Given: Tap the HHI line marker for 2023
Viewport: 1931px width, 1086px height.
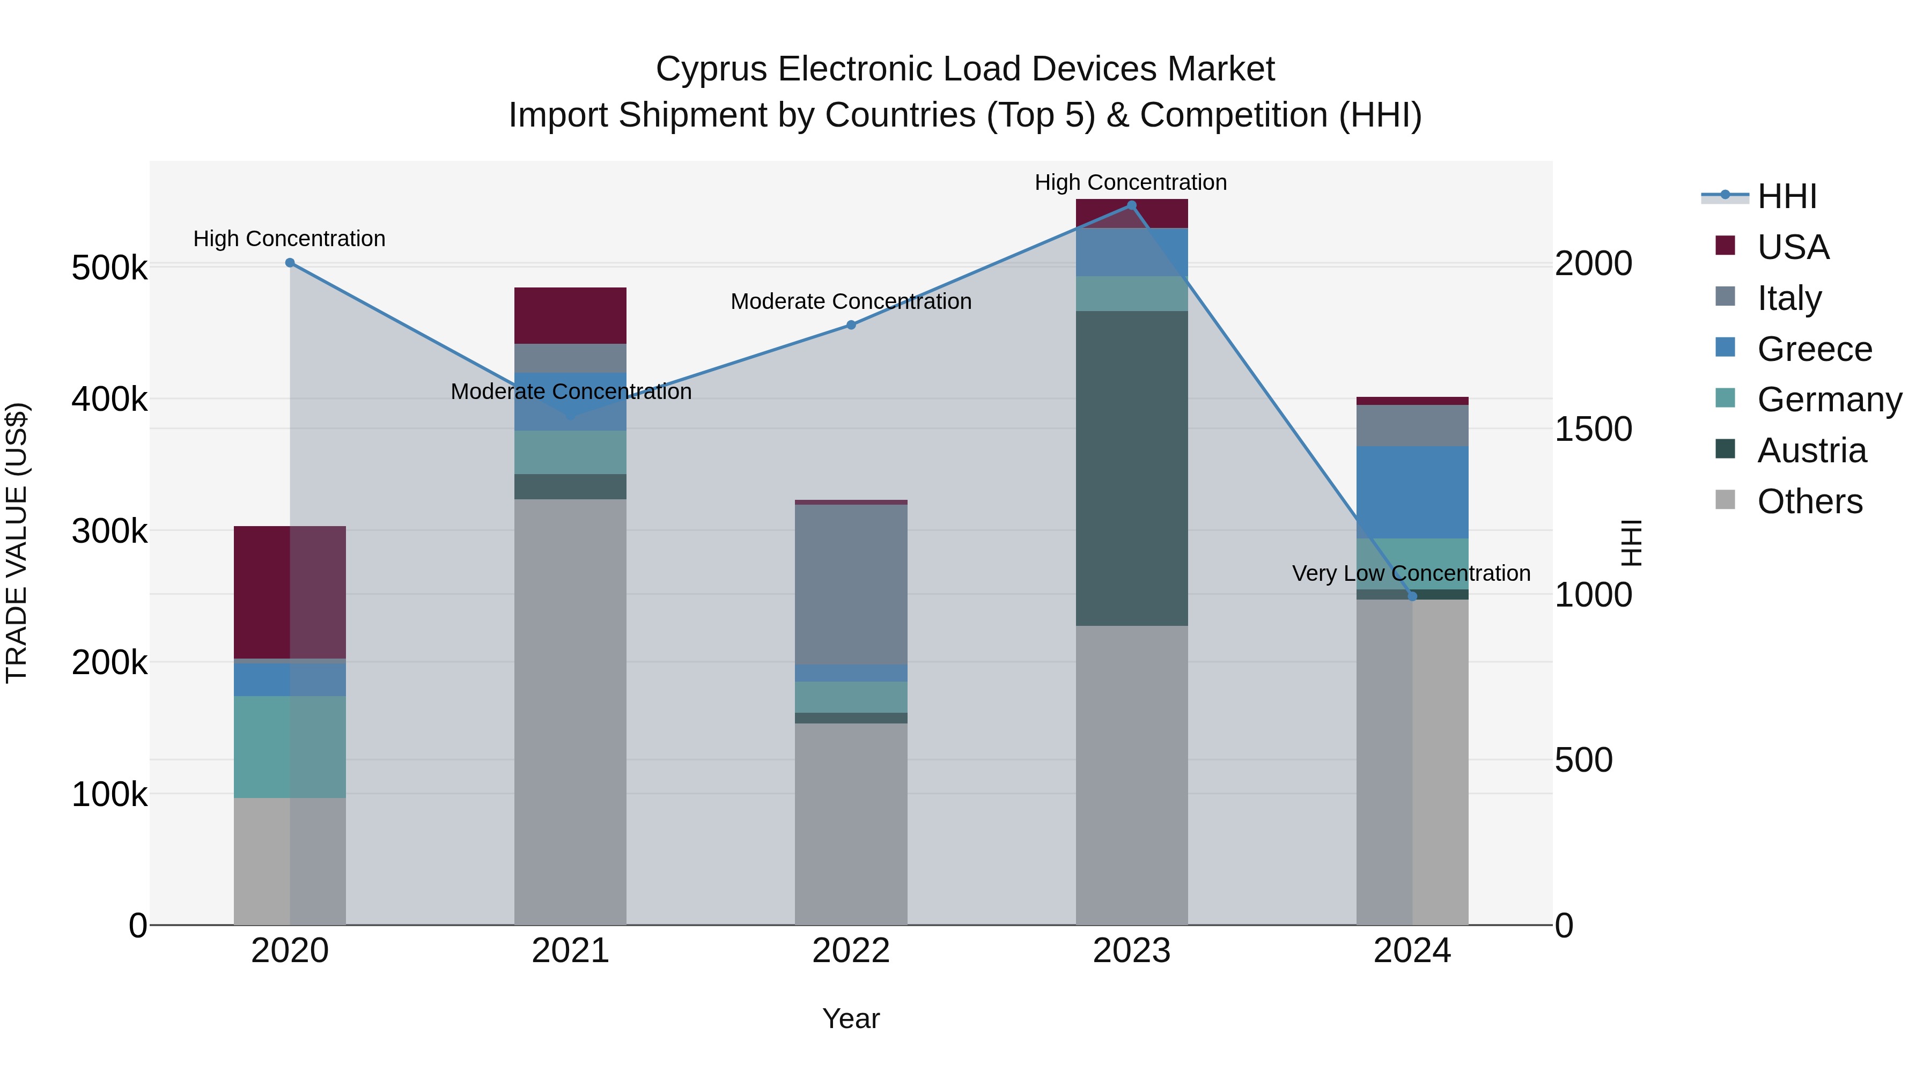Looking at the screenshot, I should [1132, 205].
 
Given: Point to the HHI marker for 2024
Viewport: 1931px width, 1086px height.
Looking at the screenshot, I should [1412, 596].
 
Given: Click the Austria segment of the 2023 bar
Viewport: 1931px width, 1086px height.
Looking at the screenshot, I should [1132, 468].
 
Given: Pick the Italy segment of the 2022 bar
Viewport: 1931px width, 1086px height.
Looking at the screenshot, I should [851, 585].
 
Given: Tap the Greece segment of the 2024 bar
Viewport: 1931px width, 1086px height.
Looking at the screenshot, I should [1412, 492].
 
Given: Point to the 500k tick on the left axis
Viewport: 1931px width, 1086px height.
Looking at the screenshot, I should [109, 268].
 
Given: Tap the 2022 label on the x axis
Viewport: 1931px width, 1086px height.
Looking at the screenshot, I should [851, 951].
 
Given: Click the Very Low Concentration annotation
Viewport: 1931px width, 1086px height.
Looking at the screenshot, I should [1411, 573].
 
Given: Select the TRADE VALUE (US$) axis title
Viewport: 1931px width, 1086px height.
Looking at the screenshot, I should [17, 543].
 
